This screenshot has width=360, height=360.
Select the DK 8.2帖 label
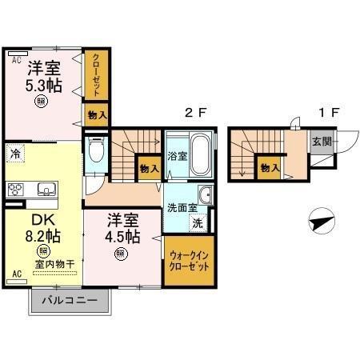38,228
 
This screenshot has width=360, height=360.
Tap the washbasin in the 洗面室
206,194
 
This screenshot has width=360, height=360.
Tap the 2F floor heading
196,114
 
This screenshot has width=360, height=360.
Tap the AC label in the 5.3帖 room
15,59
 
